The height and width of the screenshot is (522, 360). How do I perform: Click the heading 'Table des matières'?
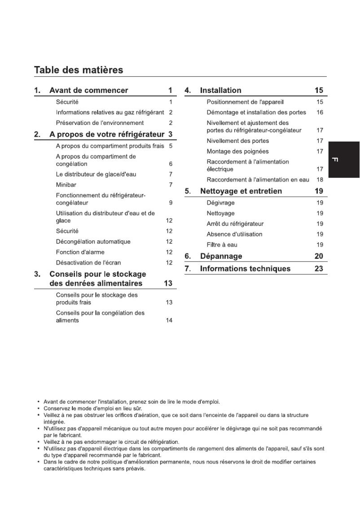79,70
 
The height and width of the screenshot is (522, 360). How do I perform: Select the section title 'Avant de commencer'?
88,90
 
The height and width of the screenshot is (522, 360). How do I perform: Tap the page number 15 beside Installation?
319,90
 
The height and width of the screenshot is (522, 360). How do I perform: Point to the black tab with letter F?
344,159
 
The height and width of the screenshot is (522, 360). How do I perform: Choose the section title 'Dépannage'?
221,256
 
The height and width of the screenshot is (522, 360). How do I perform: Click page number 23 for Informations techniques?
319,269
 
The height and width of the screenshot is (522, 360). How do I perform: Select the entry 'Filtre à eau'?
222,245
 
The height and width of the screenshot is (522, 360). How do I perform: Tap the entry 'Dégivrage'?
220,203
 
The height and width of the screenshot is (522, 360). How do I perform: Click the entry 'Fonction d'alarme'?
81,252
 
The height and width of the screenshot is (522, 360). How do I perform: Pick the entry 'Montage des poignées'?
237,151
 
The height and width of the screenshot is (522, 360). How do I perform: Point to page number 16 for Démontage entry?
320,112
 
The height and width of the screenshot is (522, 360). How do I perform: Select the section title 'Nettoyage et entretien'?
241,191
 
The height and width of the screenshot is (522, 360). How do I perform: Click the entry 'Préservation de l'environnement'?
100,123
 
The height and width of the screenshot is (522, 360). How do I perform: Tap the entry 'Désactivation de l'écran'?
88,262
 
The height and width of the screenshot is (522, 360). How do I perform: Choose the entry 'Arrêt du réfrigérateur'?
235,224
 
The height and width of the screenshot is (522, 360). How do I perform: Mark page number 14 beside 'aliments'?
169,320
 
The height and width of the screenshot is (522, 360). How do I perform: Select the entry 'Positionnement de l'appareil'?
245,102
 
